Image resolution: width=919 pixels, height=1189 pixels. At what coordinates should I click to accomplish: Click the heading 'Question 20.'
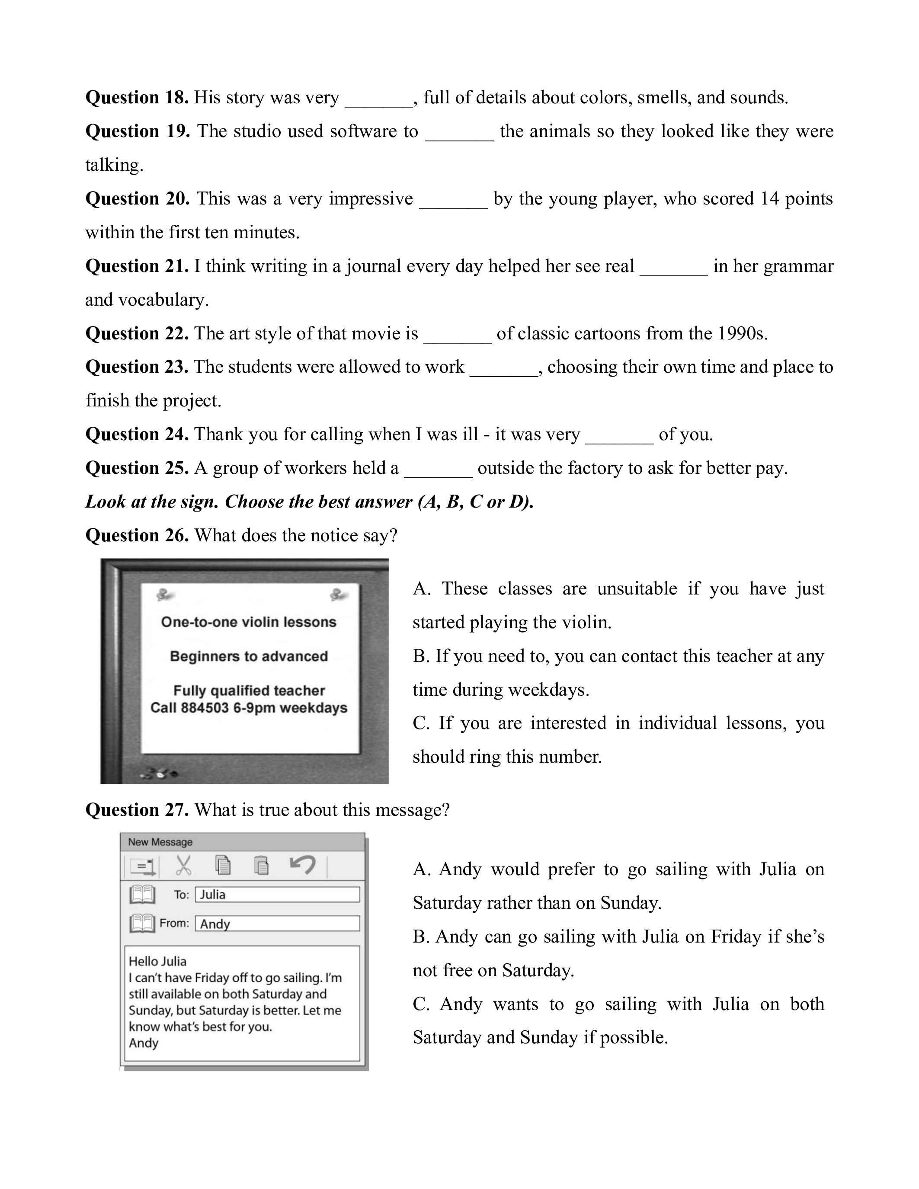point(137,199)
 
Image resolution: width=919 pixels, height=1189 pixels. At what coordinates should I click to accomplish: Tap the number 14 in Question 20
point(769,199)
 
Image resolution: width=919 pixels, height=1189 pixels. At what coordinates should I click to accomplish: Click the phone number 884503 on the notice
point(205,708)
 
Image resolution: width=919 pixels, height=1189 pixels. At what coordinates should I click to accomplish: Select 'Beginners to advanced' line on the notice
point(249,656)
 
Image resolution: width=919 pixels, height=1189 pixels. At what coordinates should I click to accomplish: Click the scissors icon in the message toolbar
point(183,865)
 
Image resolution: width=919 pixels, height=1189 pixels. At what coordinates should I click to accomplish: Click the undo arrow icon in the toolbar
point(303,864)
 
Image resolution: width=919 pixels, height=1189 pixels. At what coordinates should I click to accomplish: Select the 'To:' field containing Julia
point(277,895)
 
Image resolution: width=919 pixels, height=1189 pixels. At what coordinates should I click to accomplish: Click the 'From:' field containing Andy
point(277,924)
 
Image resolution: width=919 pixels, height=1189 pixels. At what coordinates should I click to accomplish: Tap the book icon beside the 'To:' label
point(142,895)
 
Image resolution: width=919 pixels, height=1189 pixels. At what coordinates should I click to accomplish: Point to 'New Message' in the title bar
point(160,842)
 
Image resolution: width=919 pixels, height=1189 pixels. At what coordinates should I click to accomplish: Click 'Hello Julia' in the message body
point(157,962)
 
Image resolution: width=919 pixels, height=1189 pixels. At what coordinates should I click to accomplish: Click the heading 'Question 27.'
point(137,810)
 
